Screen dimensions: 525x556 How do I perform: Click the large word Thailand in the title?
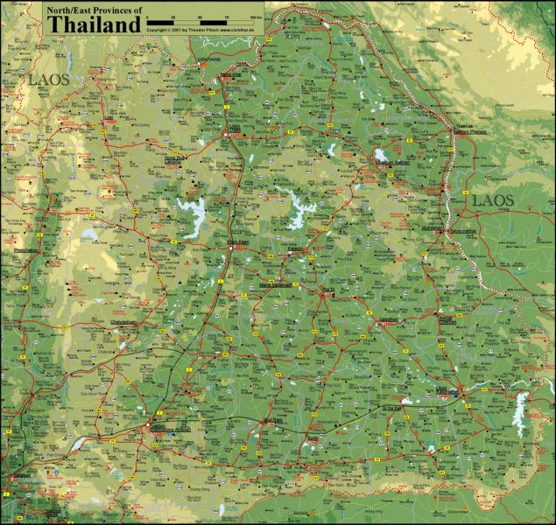point(94,24)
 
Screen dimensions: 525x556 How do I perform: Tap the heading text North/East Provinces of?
point(93,10)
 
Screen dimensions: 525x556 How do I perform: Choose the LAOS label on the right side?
point(493,200)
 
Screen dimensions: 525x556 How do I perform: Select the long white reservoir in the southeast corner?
point(522,406)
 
